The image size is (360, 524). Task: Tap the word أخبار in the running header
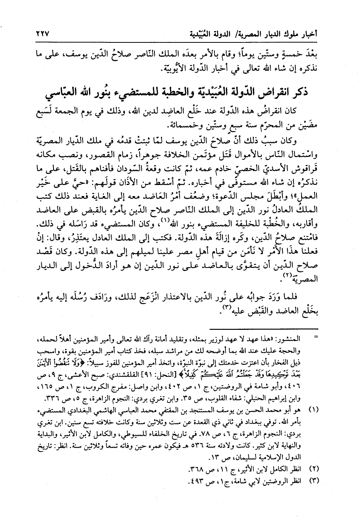(x=311, y=34)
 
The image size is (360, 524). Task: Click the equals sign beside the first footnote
(x=316, y=338)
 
